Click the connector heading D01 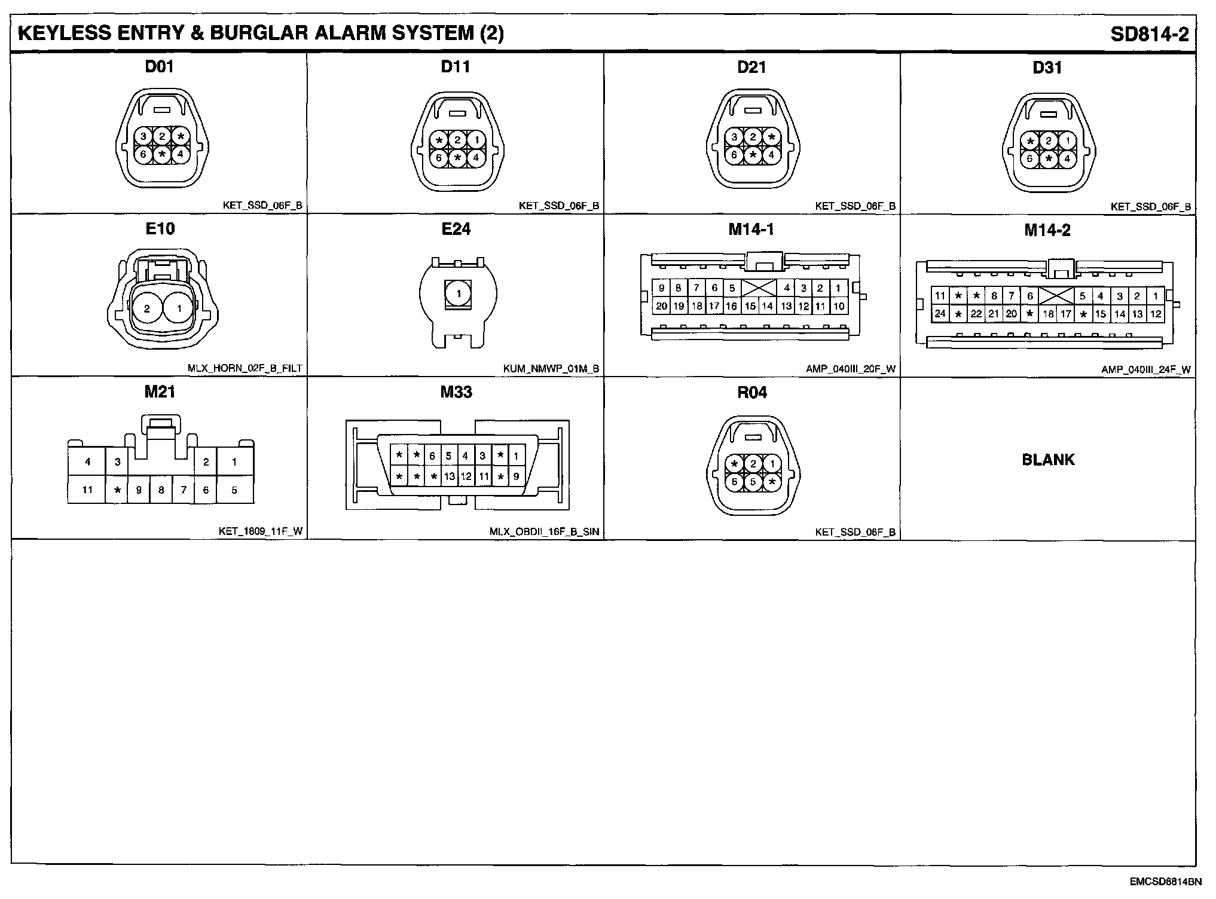coord(160,66)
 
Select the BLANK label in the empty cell coord(1048,460)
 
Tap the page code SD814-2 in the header coord(1150,34)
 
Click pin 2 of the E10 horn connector coord(147,309)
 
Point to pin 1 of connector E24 coord(459,294)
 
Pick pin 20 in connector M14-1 coord(661,306)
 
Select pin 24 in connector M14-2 coord(940,314)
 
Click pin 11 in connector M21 coord(87,490)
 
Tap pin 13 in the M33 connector coord(450,477)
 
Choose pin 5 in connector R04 coord(753,482)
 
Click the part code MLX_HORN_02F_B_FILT coord(245,369)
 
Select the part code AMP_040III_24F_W coord(1145,370)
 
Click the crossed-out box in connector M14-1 coord(759,288)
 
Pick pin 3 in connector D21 coord(735,137)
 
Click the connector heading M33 coord(456,392)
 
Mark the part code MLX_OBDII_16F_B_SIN coord(544,532)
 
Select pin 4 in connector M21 coord(88,461)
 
